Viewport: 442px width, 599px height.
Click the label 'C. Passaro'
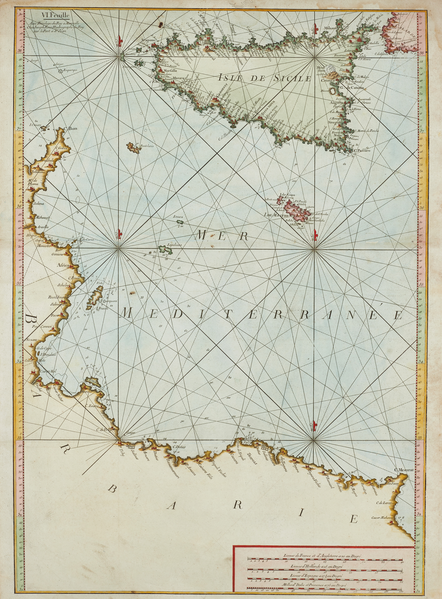coord(363,151)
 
